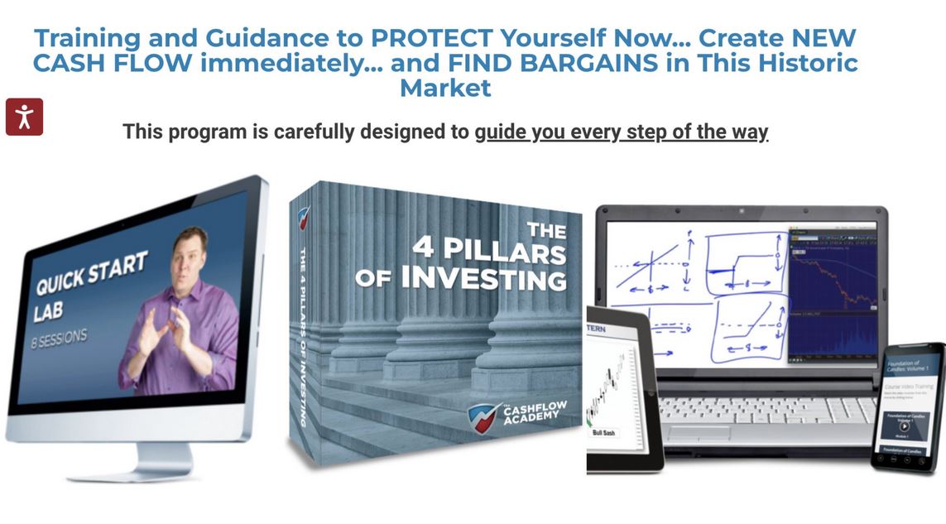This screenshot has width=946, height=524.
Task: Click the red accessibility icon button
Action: (x=24, y=117)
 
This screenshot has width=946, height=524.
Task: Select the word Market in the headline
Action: (x=445, y=88)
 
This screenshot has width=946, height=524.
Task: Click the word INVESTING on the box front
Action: (x=483, y=277)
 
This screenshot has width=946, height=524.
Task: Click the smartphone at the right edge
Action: (x=907, y=406)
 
